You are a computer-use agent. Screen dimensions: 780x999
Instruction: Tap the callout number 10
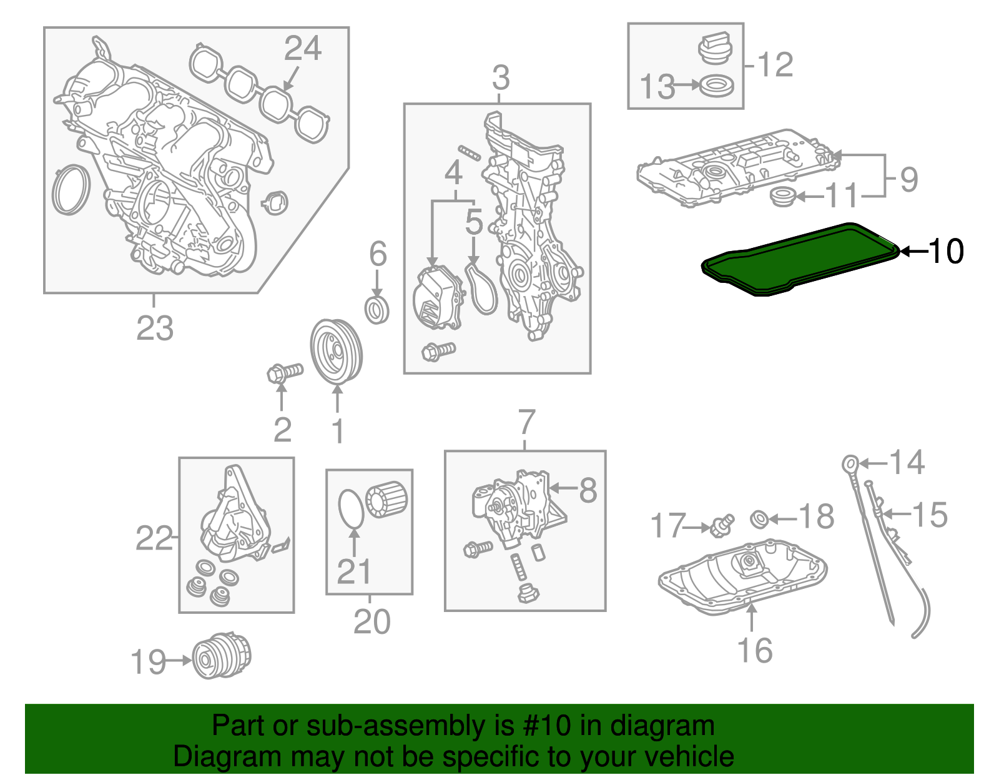coord(947,251)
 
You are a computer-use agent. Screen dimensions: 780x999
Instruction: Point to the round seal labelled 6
coord(377,310)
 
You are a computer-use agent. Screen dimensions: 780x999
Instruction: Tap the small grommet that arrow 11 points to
coord(782,197)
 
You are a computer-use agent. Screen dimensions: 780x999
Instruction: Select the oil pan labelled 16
coord(743,578)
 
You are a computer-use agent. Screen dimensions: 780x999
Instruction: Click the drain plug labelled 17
coord(722,525)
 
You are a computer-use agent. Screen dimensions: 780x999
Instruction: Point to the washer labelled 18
coord(759,518)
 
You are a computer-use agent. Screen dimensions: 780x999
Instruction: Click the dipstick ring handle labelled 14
coord(850,463)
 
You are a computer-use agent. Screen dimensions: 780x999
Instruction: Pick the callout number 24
coord(303,48)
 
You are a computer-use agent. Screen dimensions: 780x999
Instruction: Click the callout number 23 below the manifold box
coord(155,328)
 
